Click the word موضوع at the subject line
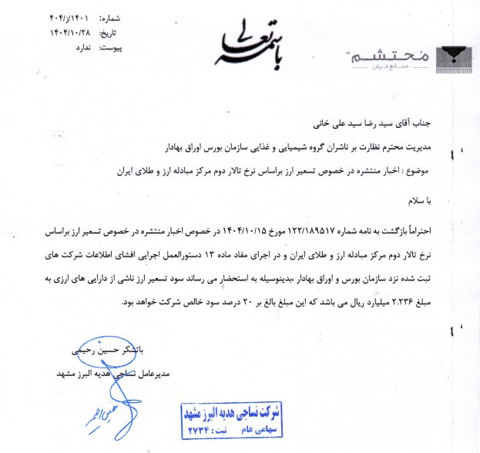[445, 169]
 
